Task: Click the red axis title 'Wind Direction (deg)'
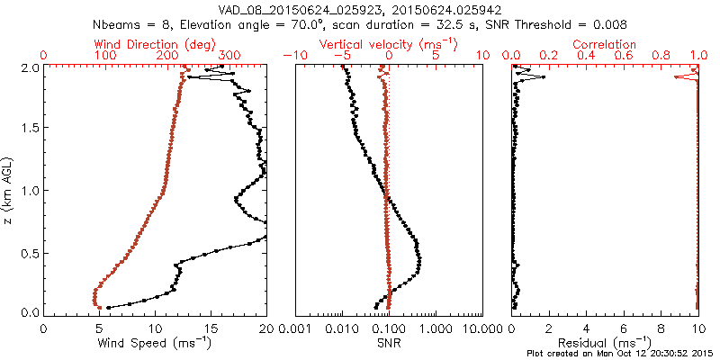coord(156,44)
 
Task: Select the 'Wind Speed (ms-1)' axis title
coord(156,343)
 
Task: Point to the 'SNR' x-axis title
coord(389,343)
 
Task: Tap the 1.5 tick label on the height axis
coord(31,129)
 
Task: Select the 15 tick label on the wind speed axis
coord(211,329)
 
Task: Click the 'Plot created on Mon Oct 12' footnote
coord(622,354)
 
